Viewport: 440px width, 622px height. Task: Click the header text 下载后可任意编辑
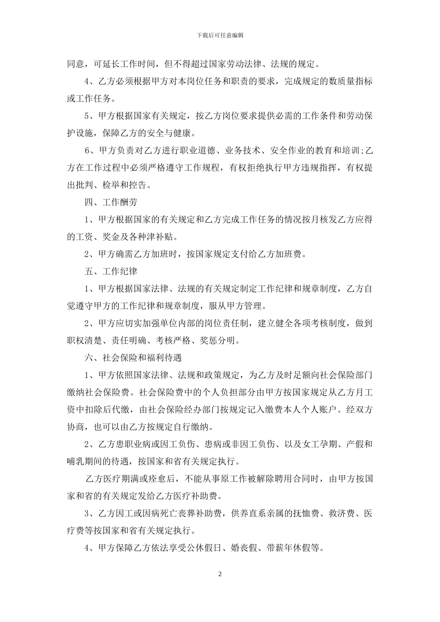pyautogui.click(x=220, y=35)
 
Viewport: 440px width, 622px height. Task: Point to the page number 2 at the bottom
pyautogui.click(x=220, y=574)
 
